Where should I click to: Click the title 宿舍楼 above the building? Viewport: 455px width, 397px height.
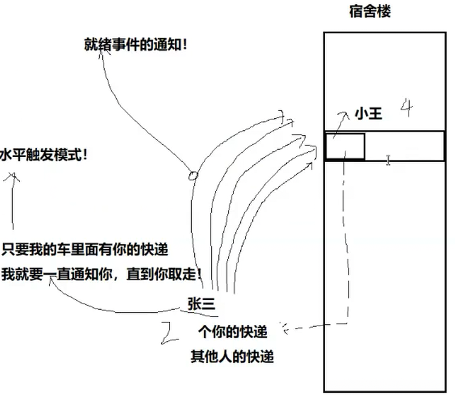pyautogui.click(x=370, y=11)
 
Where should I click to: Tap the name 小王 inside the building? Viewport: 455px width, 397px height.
pyautogui.click(x=368, y=113)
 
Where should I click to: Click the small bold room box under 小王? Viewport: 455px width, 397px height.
pyautogui.click(x=345, y=147)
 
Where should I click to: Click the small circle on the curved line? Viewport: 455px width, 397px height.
pyautogui.click(x=193, y=176)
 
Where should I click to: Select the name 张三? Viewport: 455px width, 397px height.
pyautogui.click(x=202, y=304)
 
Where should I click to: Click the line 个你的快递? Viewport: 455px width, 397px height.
pyautogui.click(x=233, y=332)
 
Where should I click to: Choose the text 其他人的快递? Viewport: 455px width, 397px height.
pyautogui.click(x=232, y=356)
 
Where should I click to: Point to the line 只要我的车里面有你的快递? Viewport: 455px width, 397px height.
pyautogui.click(x=85, y=249)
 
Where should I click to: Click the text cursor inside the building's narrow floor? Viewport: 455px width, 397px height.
pyautogui.click(x=388, y=160)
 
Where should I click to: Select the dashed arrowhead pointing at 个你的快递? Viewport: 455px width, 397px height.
pyautogui.click(x=282, y=330)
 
